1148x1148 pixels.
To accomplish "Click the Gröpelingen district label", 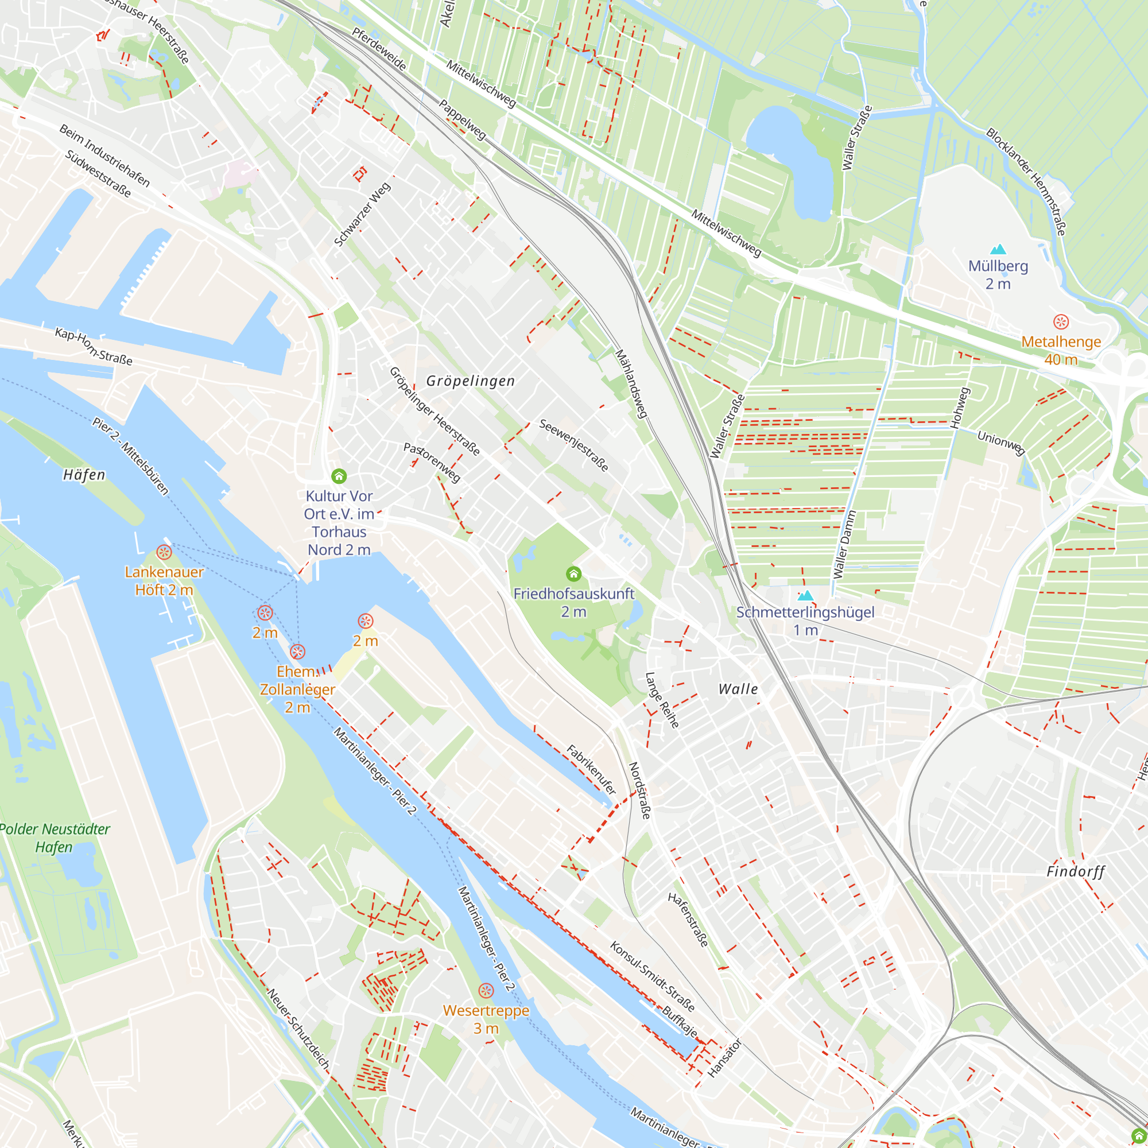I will [471, 381].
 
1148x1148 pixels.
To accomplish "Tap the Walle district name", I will [738, 689].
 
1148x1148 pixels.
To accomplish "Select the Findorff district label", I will [1076, 872].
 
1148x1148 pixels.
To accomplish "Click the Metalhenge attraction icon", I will [1061, 322].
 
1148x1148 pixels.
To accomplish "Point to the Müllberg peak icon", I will [998, 249].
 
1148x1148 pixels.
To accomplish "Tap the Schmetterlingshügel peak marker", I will [805, 595].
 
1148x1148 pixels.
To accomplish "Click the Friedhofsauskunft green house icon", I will [573, 573].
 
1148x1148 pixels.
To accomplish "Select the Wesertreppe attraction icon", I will [486, 991].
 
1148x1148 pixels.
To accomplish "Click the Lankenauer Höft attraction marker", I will [164, 552].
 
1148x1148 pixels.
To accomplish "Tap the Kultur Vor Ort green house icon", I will [339, 476].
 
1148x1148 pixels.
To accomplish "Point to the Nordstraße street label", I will [639, 791].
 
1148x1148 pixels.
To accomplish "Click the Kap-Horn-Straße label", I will [94, 347].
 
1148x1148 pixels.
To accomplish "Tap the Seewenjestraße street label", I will [573, 445].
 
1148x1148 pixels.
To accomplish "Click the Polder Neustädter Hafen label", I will [55, 838].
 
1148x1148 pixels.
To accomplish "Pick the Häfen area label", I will [84, 475].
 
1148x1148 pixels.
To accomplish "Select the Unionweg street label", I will [1001, 443].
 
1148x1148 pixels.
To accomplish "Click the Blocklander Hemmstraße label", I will [1026, 182].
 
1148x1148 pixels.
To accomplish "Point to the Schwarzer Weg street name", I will [362, 215].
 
